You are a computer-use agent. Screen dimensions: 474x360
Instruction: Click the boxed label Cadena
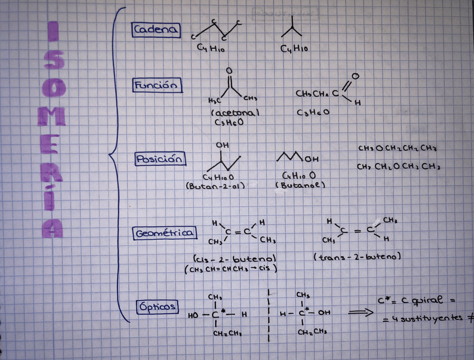(157, 30)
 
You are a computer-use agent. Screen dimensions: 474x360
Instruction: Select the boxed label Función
(158, 86)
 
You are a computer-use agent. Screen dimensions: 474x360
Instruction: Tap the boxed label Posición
(160, 159)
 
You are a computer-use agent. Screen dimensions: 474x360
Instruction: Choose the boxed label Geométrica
(164, 233)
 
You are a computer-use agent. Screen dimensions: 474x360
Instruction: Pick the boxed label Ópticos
(158, 306)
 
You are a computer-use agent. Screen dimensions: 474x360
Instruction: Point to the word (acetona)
(235, 113)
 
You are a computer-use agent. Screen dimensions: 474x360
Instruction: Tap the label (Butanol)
(301, 184)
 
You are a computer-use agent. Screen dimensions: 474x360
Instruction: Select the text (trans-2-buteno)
(358, 257)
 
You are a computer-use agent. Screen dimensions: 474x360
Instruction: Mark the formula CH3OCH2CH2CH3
(397, 149)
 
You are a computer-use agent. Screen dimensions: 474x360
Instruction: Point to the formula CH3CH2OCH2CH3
(398, 167)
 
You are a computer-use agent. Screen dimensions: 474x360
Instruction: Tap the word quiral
(431, 301)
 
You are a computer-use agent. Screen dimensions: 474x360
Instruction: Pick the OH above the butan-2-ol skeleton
(222, 145)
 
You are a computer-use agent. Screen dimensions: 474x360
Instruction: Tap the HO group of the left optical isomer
(193, 315)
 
